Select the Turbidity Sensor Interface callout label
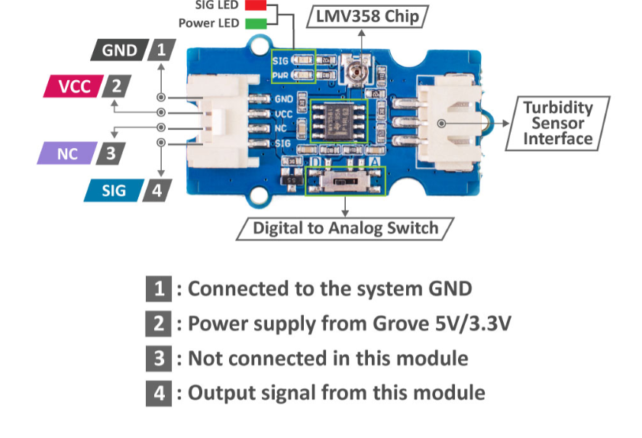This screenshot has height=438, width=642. (x=557, y=123)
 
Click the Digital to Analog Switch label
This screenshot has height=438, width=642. (x=345, y=227)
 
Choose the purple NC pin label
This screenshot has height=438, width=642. (x=67, y=153)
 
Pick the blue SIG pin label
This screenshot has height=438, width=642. (x=114, y=190)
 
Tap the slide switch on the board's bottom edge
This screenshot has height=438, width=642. (x=345, y=182)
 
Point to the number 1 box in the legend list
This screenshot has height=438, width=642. (x=159, y=289)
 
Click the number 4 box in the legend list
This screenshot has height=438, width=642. (x=159, y=393)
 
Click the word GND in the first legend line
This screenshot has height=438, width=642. (x=445, y=289)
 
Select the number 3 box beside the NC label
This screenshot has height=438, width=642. (x=111, y=153)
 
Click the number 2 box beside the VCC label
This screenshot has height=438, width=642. (x=115, y=85)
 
